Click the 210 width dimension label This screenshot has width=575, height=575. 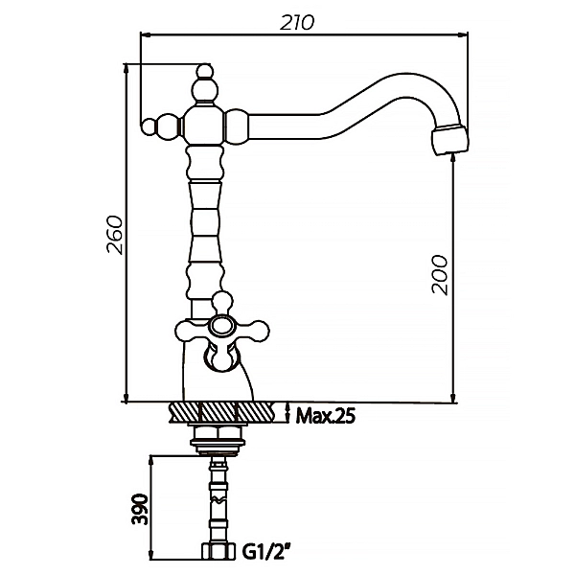tap(297, 23)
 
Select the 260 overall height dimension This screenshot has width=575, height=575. tap(114, 235)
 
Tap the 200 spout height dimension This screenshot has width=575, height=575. tap(439, 275)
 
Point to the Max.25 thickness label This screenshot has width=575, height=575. tap(326, 416)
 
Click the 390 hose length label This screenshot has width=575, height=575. tap(140, 510)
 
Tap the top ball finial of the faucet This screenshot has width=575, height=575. tap(204, 71)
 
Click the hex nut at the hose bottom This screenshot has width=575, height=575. tap(218, 551)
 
